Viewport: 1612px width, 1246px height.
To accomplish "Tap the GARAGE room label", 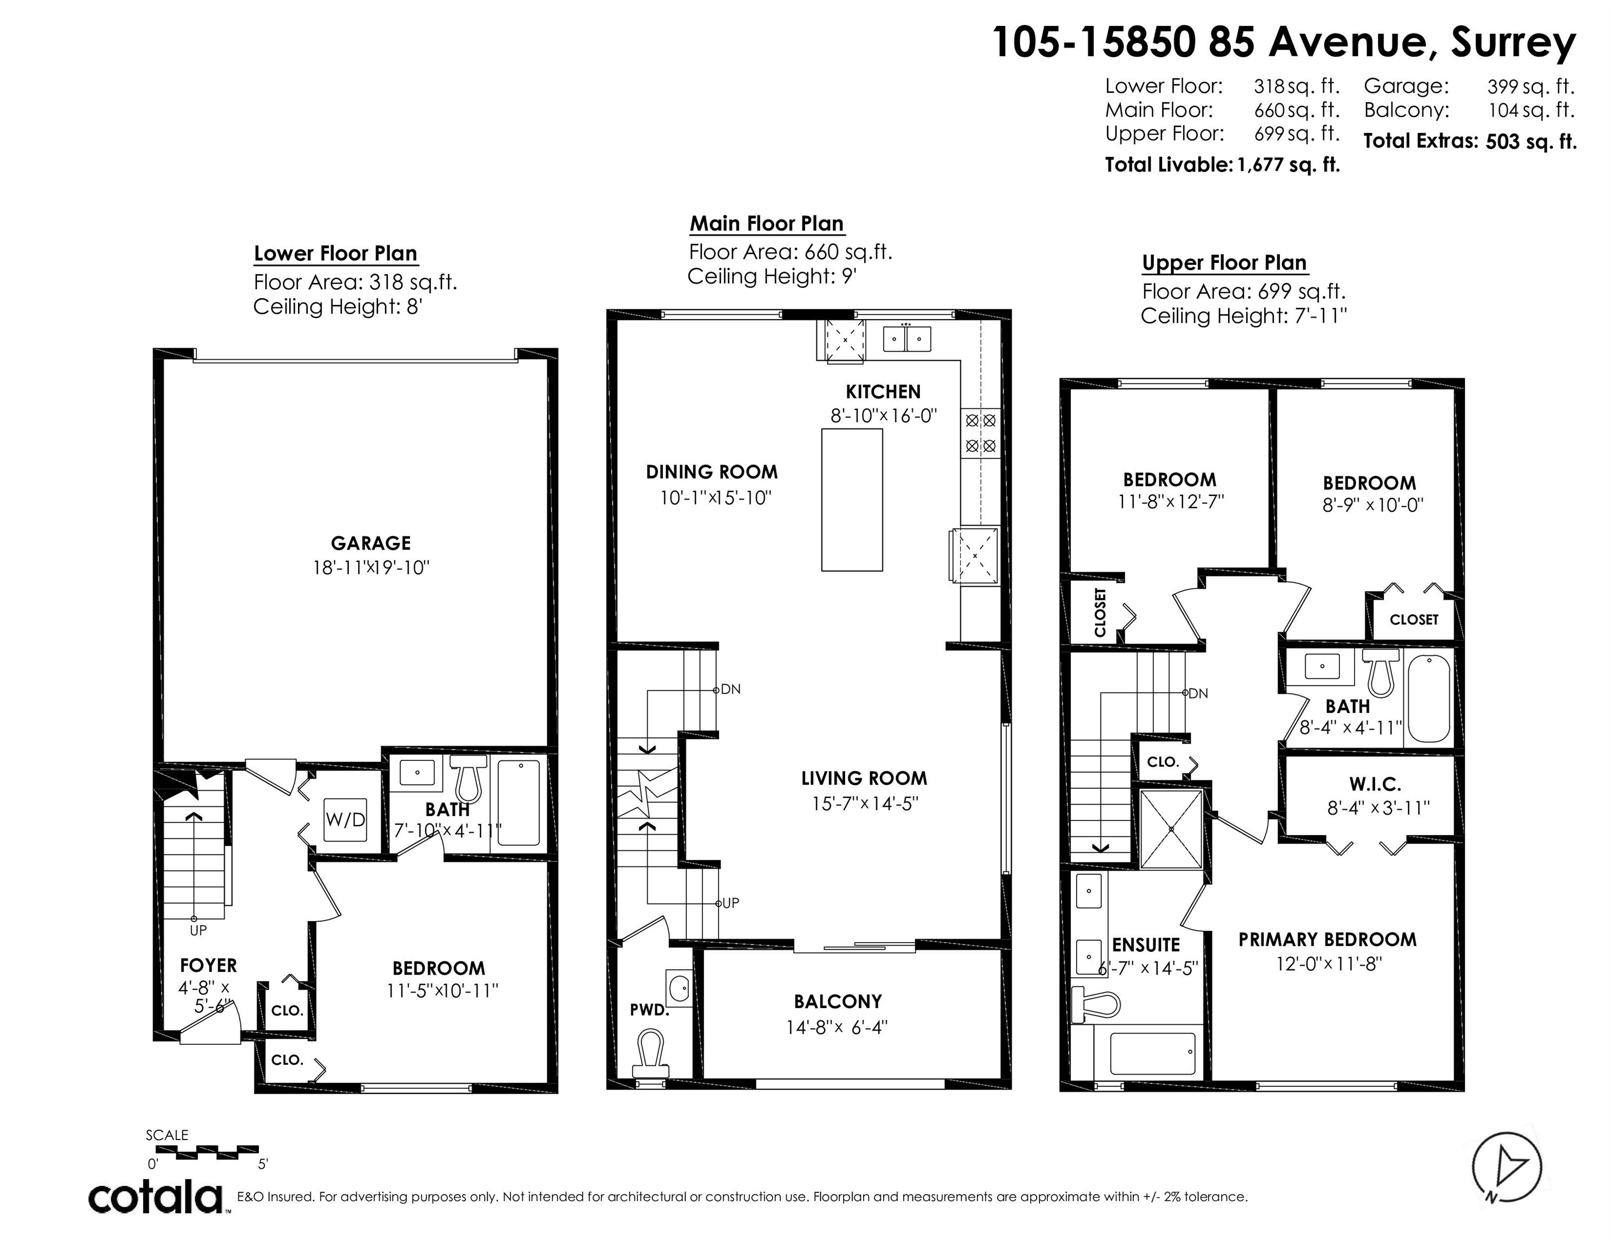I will click(x=370, y=544).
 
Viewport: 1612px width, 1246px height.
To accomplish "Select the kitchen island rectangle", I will click(x=852, y=500).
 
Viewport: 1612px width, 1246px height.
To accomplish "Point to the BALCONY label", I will click(x=838, y=1002).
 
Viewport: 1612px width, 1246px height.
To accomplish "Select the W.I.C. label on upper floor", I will click(x=1374, y=784).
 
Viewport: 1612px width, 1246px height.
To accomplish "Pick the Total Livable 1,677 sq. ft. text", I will click(x=1222, y=164).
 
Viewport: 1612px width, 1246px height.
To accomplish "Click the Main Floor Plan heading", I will click(x=766, y=224).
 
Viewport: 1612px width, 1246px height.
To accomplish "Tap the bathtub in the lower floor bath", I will click(x=518, y=803).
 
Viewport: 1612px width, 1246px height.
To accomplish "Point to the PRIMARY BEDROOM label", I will click(x=1327, y=940).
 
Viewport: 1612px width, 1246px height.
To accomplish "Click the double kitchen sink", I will click(x=907, y=339).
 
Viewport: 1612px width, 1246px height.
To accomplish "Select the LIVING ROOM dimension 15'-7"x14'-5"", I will click(x=864, y=804).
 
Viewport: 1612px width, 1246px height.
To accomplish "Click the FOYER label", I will click(x=208, y=965).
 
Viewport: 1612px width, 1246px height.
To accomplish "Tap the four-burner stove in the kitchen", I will click(x=981, y=433).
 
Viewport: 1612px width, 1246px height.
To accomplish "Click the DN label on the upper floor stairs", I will click(x=1197, y=693).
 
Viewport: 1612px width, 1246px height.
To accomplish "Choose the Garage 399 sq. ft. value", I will click(x=1530, y=87).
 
